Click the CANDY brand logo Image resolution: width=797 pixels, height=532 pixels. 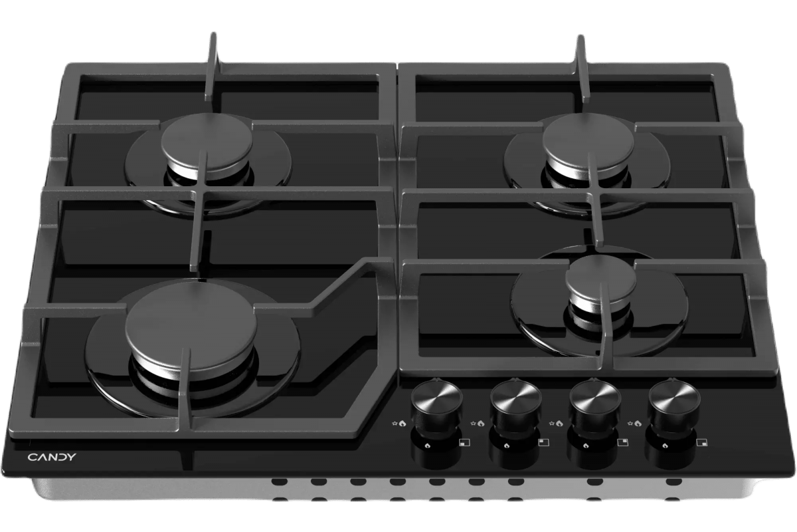click(52, 457)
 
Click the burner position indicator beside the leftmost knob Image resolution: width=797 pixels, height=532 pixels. click(464, 443)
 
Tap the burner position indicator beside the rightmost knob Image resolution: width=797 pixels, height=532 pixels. click(701, 443)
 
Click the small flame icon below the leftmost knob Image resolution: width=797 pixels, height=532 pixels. click(427, 446)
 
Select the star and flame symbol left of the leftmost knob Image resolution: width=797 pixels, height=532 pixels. click(399, 424)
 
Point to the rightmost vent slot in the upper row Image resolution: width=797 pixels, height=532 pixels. click(673, 481)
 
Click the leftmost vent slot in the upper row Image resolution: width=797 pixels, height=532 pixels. click(280, 481)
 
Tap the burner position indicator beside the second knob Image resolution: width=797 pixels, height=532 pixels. click(543, 443)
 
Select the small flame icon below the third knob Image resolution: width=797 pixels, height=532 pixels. click(586, 446)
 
